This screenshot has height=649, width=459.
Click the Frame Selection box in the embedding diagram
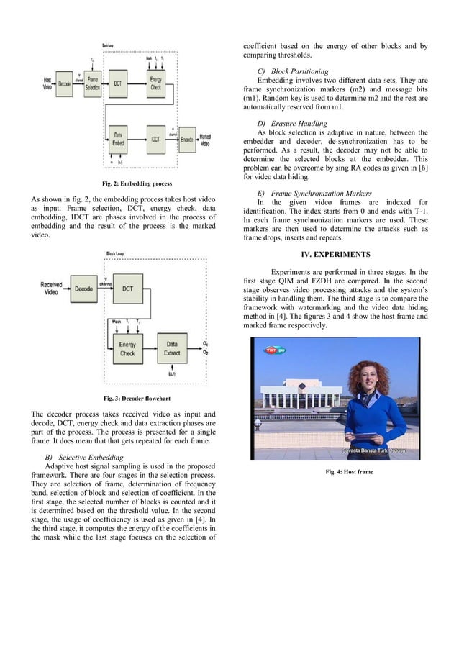click(x=93, y=84)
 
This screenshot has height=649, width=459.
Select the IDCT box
click(x=155, y=138)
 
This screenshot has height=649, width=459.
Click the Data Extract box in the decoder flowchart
click(x=172, y=349)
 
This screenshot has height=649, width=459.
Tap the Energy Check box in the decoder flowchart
click(x=127, y=349)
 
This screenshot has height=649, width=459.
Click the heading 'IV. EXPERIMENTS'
click(x=335, y=254)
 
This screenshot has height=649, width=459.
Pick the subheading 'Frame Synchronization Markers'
click(x=313, y=194)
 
